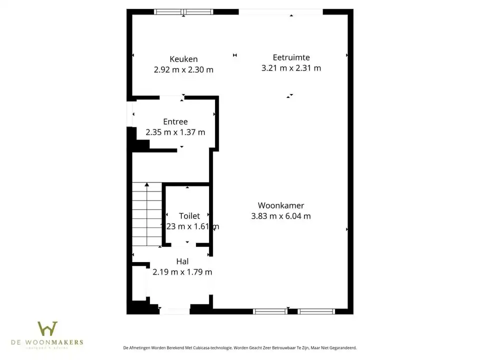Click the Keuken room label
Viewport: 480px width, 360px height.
pos(183,59)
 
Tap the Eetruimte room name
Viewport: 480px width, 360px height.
pos(291,57)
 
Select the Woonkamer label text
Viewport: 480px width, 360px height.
pos(280,205)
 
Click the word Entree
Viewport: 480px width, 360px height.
pos(175,121)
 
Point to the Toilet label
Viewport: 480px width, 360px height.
pos(189,215)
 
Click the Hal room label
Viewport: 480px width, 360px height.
pos(182,261)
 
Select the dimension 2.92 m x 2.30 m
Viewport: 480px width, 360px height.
pos(183,70)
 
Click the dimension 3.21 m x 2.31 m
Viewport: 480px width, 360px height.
pos(291,68)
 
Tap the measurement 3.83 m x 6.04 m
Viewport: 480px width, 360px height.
pos(280,216)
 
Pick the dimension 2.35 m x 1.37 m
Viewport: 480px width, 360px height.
pos(175,132)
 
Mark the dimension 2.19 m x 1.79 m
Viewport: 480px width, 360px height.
pos(182,272)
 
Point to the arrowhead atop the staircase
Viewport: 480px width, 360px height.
pos(147,184)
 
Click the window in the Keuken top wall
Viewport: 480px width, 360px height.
pos(183,11)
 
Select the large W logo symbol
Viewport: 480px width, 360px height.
pos(47,328)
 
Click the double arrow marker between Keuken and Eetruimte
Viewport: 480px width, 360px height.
pos(234,55)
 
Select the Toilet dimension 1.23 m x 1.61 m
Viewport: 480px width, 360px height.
pos(189,226)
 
